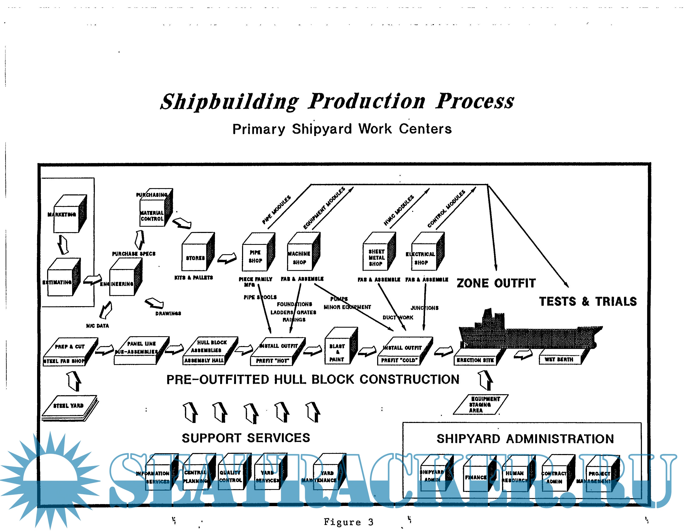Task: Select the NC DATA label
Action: click(x=97, y=326)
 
